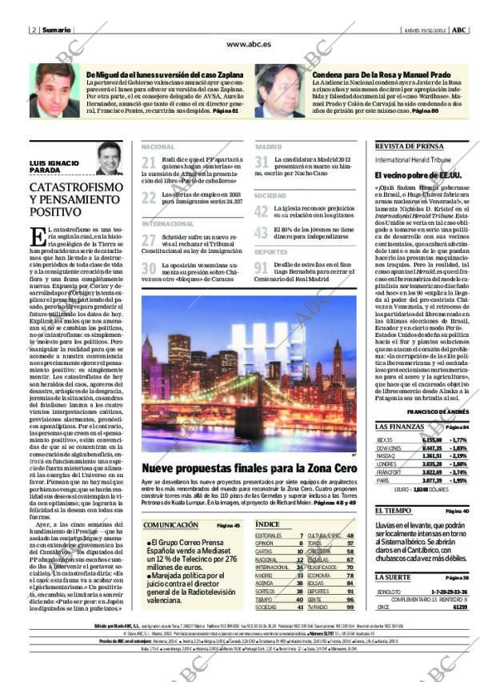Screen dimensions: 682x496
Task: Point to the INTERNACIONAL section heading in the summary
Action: tap(167, 223)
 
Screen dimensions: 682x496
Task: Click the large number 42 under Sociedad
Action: tap(261, 211)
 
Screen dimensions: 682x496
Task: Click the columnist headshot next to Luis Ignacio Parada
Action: tap(108, 159)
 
